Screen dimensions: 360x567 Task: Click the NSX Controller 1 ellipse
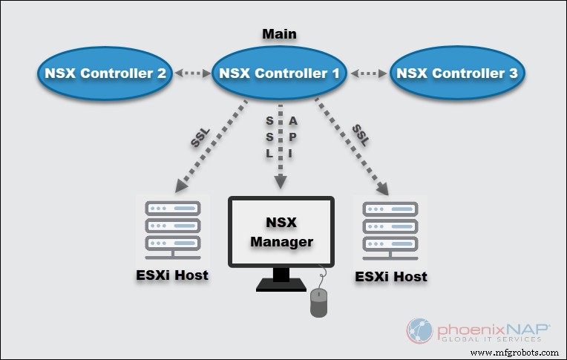pos(278,73)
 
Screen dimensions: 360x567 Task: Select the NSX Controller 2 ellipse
pos(105,73)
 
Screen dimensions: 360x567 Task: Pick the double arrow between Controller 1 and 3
pos(369,73)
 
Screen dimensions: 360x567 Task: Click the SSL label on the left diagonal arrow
pos(201,139)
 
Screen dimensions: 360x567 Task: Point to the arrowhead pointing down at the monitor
pos(281,181)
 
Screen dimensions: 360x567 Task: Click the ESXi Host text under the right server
pos(392,277)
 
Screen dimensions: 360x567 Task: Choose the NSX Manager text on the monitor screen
pos(281,232)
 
